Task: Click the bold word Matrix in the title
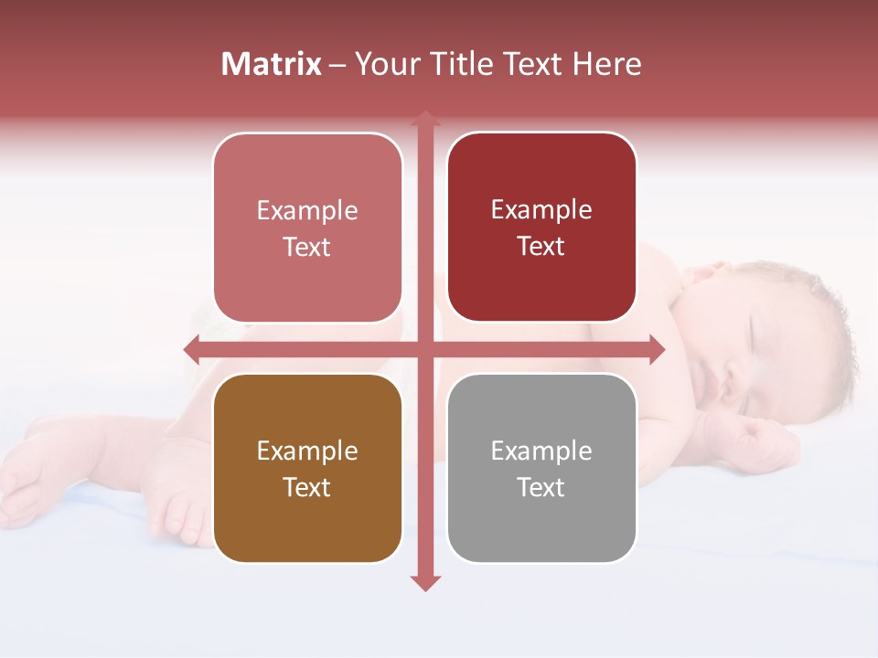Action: click(272, 64)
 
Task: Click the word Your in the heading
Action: click(383, 64)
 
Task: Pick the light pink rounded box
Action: click(307, 228)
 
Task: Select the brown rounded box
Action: click(307, 468)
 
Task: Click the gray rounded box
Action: click(541, 468)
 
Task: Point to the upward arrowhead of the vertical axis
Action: click(424, 117)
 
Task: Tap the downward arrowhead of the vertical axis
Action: click(424, 583)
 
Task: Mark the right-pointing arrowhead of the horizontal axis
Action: click(657, 349)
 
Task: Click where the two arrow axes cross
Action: click(424, 349)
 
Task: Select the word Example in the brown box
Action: click(307, 451)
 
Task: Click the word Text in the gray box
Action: click(541, 487)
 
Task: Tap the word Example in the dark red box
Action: click(541, 209)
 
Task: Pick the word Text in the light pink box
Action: click(307, 247)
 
